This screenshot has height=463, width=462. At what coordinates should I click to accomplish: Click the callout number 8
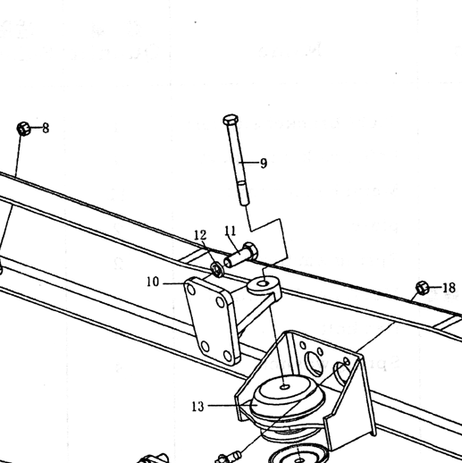click(x=46, y=129)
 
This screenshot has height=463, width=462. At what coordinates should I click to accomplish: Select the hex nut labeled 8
click(x=23, y=129)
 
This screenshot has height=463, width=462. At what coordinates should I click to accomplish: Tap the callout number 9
click(x=264, y=164)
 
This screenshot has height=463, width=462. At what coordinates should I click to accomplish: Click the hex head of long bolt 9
click(x=231, y=120)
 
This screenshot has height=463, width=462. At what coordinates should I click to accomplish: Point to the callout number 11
click(x=231, y=231)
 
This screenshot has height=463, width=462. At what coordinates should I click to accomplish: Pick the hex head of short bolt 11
click(x=251, y=250)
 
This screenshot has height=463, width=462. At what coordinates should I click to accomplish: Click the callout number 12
click(x=200, y=235)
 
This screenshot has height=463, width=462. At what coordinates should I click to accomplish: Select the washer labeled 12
click(x=216, y=269)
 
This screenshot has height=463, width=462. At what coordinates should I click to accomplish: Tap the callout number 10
click(x=153, y=282)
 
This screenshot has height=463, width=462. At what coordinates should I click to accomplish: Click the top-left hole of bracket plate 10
click(x=191, y=290)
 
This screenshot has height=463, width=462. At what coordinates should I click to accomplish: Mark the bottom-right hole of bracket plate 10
click(x=228, y=356)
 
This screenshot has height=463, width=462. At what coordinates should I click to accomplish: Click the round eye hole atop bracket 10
click(x=263, y=283)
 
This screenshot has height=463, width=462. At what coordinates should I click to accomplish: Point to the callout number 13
click(x=198, y=407)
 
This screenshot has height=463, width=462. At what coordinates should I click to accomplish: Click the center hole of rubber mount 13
click(x=285, y=387)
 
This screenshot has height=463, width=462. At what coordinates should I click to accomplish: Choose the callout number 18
click(x=449, y=288)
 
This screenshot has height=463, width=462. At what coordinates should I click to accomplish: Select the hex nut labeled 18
click(x=423, y=288)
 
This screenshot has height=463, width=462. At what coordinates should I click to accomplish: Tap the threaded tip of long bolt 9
click(x=243, y=193)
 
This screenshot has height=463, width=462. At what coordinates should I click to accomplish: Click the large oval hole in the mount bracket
click(x=314, y=363)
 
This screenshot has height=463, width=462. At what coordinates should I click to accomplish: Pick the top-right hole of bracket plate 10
click(x=221, y=302)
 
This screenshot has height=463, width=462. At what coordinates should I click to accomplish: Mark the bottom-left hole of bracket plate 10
click(x=206, y=347)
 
